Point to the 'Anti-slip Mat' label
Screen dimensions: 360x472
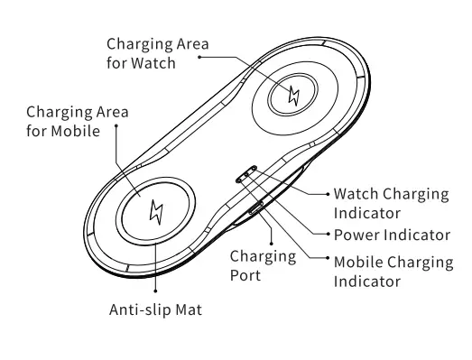coord(155,309)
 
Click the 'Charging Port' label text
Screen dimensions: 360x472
coord(263,265)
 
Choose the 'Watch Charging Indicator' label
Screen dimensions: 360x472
coord(391,203)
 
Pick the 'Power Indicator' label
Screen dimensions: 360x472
coord(392,235)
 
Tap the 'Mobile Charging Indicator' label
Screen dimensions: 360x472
coord(393,272)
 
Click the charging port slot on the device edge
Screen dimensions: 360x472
coord(256,210)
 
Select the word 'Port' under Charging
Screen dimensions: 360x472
coord(246,274)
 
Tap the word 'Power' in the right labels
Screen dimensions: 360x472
coord(356,235)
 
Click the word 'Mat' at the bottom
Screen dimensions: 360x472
coord(187,309)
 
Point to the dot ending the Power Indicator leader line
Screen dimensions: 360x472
coord(326,235)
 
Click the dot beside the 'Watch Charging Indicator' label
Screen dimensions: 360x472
coord(326,193)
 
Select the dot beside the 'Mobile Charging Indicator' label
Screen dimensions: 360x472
coord(326,262)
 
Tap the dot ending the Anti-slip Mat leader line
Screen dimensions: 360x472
coord(155,290)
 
